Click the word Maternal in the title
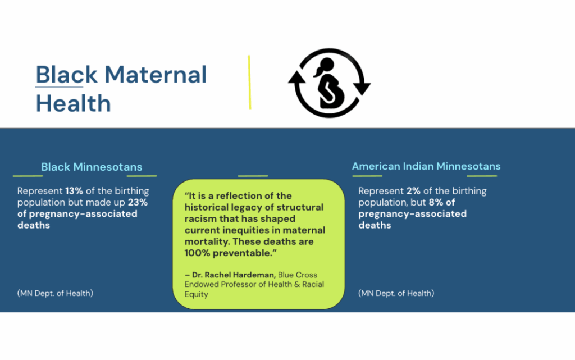[156, 75]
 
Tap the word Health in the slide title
[74, 103]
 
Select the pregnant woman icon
[329, 83]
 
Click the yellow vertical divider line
[249, 82]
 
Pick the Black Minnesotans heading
[92, 167]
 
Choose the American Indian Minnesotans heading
[426, 166]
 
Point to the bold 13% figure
[74, 191]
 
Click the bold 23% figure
[138, 202]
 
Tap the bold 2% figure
[413, 191]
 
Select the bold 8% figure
[436, 202]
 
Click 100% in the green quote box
[197, 253]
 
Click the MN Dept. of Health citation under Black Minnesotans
[55, 293]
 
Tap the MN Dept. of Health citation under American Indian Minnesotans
[396, 293]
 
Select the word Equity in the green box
[196, 294]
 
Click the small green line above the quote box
[253, 176]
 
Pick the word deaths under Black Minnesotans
[34, 225]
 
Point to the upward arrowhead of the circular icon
[296, 78]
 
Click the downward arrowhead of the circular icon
[362, 88]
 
